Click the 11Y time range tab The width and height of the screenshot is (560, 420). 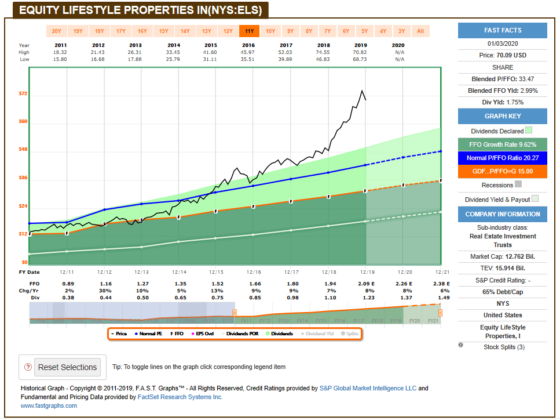pos(249,31)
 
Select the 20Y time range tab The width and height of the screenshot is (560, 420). pos(57,31)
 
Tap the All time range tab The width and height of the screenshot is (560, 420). pos(420,31)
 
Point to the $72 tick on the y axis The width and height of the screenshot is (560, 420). pos(24,93)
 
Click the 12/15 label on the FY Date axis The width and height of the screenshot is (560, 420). pos(215,271)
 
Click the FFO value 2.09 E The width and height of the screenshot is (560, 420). pos(365,283)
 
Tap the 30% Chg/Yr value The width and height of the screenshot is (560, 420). pos(104,290)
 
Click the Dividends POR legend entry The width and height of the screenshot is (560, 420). pos(242,334)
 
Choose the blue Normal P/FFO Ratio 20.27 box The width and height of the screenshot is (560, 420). pos(502,157)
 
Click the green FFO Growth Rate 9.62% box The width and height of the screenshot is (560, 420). pos(502,144)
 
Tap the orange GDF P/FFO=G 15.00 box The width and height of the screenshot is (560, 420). pos(502,171)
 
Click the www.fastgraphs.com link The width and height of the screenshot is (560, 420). pos(49,405)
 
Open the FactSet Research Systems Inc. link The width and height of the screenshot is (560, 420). pos(180,397)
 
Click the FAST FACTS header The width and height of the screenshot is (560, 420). pos(502,30)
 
